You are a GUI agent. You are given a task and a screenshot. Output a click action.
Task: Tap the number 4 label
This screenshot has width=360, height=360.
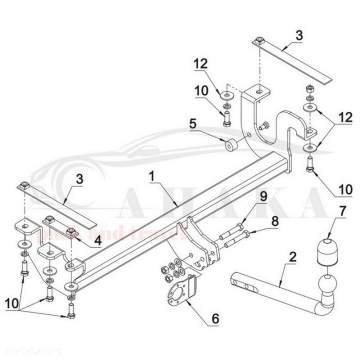click(x=98, y=239)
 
